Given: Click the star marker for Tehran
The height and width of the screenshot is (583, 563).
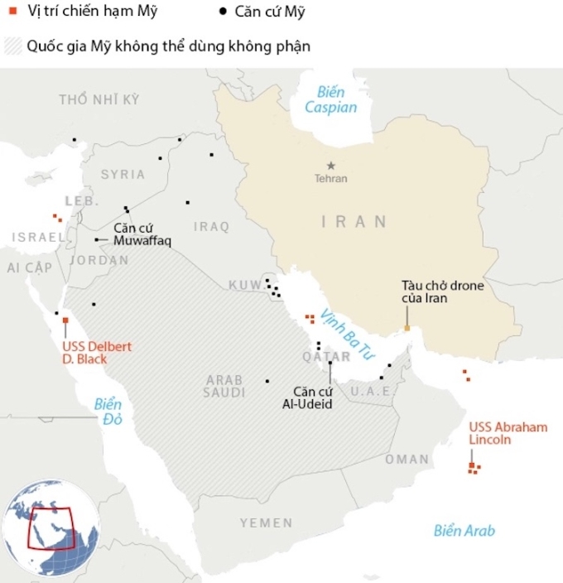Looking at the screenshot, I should coord(330,166).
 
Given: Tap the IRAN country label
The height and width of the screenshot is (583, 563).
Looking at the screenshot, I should coord(354,221).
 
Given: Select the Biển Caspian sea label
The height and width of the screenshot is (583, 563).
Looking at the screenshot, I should coord(330,99).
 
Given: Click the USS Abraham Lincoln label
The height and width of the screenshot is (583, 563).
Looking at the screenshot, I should coord(508,433).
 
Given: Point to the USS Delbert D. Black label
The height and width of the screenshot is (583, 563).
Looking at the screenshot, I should coord(97,353).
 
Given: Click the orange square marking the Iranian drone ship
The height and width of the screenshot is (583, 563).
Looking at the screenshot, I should coord(407,329).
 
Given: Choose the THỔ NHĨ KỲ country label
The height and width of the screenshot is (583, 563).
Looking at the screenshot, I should coord(99,99).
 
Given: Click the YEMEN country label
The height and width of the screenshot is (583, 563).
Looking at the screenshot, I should coord(266,523).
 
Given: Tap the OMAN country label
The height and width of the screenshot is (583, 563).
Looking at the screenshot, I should coord(407,459).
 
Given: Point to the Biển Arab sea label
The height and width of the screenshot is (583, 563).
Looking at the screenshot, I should coord(464,531).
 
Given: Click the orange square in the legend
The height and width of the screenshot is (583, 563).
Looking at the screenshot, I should coord(12,12).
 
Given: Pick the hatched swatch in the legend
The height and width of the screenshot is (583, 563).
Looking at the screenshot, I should coord(12,46).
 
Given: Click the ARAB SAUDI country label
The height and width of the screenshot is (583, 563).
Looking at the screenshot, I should coord(224,386).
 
